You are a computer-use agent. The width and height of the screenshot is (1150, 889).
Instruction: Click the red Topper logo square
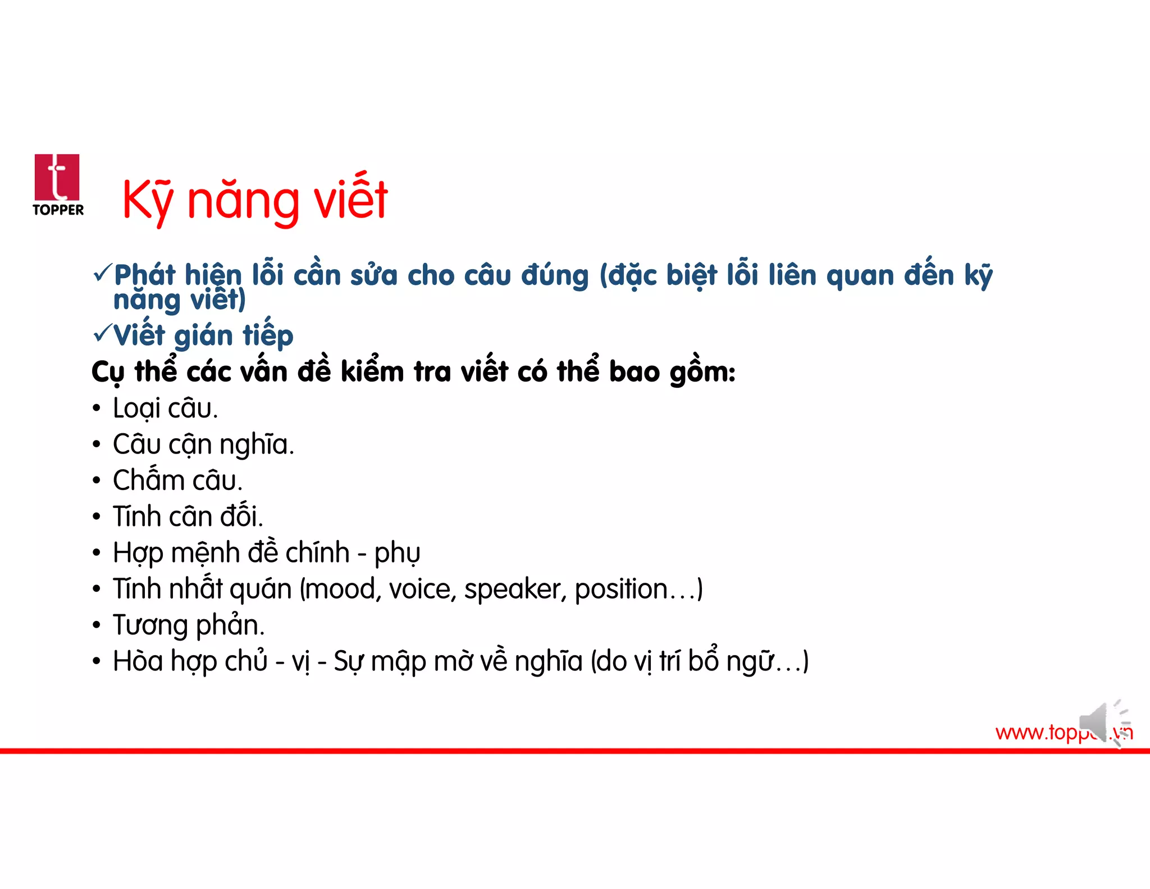pos(57,177)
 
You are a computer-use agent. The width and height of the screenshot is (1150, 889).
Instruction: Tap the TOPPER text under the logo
pos(58,210)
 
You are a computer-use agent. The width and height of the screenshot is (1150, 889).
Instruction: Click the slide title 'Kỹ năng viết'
pos(255,199)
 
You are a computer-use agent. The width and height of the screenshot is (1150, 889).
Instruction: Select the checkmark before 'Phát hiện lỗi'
pos(102,273)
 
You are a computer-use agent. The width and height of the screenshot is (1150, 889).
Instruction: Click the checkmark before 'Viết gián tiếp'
pos(102,333)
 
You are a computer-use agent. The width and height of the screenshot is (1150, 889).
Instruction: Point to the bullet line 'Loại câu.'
pos(165,409)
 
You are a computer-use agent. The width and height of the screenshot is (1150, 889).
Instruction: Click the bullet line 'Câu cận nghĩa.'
pos(203,444)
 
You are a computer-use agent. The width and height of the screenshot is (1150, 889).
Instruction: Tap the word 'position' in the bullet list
pos(620,589)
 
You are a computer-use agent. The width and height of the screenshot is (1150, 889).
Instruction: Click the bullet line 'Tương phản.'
pos(189,625)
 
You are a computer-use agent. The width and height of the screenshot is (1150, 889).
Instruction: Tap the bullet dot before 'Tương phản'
pos(97,625)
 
